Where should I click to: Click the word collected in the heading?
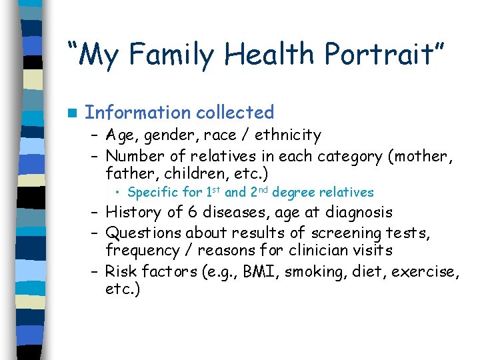233,112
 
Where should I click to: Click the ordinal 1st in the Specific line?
210,192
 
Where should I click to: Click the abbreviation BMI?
274,271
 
